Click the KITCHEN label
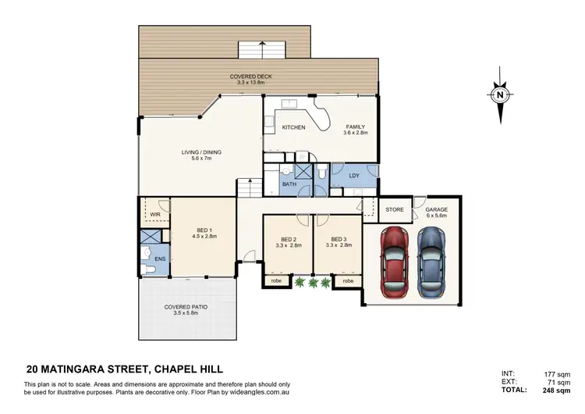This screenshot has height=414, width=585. click(292, 127)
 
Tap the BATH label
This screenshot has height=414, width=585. click(289, 184)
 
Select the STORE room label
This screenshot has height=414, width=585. click(395, 209)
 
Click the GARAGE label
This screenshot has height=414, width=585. click(436, 209)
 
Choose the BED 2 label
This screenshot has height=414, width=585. click(288, 239)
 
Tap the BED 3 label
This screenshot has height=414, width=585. click(338, 239)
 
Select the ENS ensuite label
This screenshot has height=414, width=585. click(160, 259)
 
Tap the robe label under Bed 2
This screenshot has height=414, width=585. click(276, 280)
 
